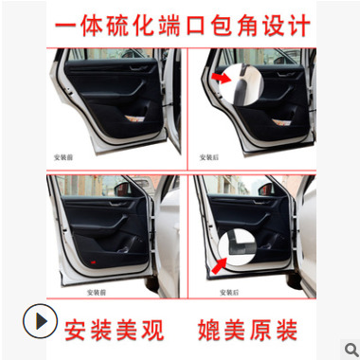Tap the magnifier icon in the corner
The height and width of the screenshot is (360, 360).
(x=348, y=348)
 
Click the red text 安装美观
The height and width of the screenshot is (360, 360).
(x=115, y=330)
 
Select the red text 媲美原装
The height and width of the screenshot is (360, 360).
(x=247, y=330)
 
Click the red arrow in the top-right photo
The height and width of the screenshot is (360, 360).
(x=223, y=76)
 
